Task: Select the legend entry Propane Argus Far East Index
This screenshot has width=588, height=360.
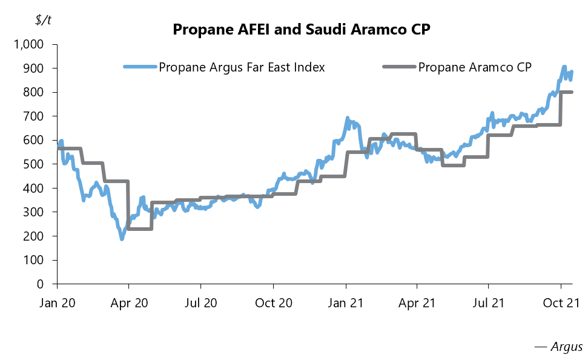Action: point(242,67)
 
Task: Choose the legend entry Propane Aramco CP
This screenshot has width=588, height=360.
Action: point(475,67)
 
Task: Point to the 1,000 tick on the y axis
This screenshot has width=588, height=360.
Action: point(30,45)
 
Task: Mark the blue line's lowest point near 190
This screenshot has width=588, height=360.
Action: point(122,239)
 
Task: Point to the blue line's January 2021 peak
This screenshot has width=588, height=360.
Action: point(348,118)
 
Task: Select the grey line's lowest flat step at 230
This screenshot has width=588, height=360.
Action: point(140,228)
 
